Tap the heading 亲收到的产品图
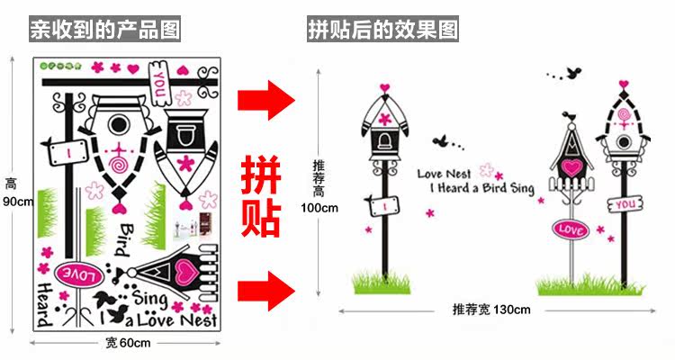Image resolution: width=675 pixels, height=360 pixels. [x=105, y=30]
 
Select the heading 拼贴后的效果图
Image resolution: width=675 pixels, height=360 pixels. [x=382, y=30]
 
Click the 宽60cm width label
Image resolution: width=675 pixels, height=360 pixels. [x=127, y=343]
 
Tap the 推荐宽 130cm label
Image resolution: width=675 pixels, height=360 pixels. [x=490, y=310]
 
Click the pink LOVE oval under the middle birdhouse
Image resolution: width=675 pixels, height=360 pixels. [x=571, y=229]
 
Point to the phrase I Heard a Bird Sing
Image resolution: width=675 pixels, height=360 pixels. [x=481, y=189]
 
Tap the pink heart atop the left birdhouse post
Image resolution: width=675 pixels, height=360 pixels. [x=385, y=87]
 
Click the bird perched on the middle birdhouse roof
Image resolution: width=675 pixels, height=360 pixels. [x=569, y=115]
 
